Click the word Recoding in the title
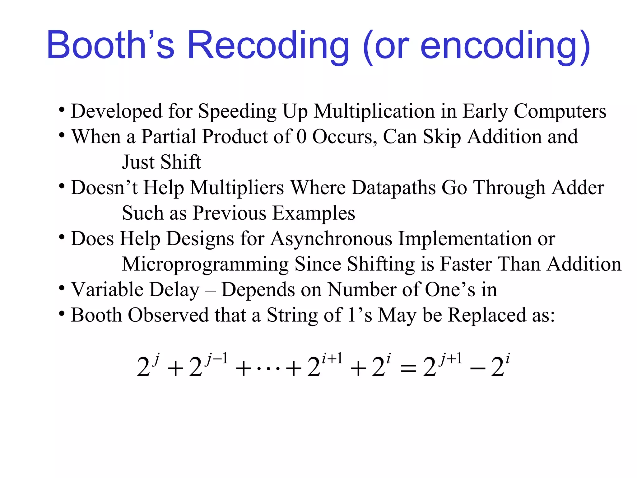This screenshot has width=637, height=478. coord(268,46)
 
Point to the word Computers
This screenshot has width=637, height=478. coord(560,111)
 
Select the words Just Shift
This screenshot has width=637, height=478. coord(161,162)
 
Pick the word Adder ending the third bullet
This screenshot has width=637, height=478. coord(578,188)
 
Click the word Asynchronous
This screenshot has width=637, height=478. coord(332,239)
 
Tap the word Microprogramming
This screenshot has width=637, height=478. coord(205,265)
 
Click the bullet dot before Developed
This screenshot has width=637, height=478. coord(62,110)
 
